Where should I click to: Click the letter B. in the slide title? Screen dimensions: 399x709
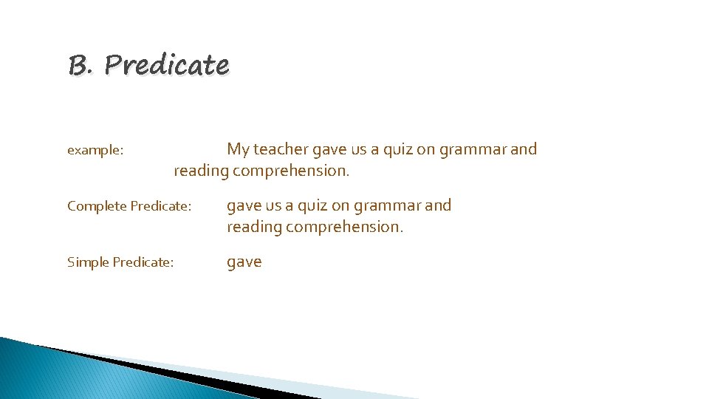80,66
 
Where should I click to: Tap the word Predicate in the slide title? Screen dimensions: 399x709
166,66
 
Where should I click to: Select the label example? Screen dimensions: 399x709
95,151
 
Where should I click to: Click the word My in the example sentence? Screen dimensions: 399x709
238,150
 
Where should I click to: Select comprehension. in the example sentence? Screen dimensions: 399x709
291,171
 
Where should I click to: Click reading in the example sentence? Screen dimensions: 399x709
200,171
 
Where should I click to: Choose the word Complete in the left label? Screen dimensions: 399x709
97,206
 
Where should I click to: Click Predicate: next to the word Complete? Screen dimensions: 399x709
161,206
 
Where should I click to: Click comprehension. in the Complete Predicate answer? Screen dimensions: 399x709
345,228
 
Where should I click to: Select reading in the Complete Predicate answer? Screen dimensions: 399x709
253,228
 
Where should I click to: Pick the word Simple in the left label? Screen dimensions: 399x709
87,262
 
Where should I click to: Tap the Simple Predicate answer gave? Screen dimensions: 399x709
244,262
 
